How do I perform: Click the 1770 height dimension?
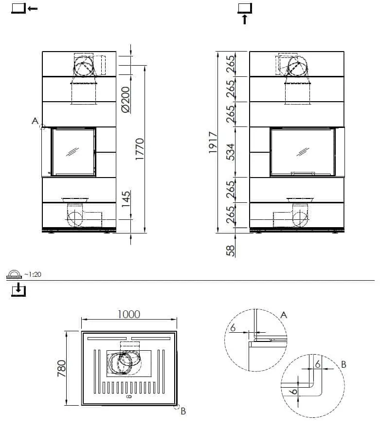click(140, 150)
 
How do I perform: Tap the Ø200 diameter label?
click(125, 100)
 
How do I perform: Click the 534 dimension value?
click(231, 152)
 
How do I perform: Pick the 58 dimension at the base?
click(231, 250)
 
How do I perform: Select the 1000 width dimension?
click(129, 314)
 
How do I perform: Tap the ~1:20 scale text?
click(32, 274)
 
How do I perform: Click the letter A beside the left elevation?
click(35, 120)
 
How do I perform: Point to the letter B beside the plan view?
click(183, 412)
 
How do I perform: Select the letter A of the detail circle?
click(284, 315)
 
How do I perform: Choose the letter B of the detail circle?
click(344, 363)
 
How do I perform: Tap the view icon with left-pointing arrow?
click(24, 8)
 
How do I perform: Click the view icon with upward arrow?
click(244, 12)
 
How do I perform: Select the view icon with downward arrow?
click(18, 290)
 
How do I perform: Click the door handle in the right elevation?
click(302, 173)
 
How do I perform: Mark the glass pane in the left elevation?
click(73, 151)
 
